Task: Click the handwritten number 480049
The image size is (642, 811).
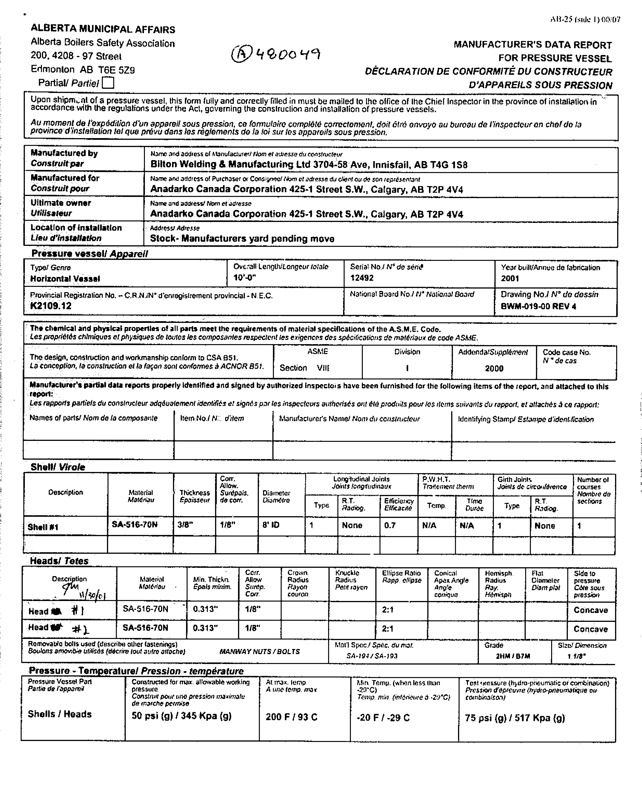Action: [276, 54]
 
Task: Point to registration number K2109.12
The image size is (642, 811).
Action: [51, 306]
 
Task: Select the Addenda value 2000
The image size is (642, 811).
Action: [494, 368]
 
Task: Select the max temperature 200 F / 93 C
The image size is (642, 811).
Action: [291, 717]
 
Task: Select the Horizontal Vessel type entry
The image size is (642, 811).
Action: [65, 279]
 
